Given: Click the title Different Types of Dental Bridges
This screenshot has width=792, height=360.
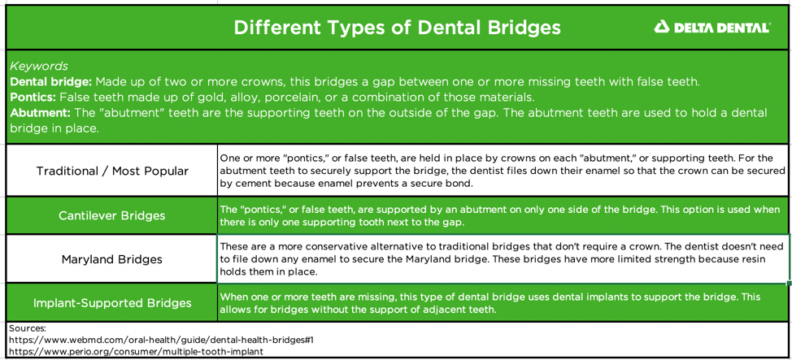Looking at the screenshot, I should click(x=397, y=28).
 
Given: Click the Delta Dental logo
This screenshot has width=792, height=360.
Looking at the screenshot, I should click(x=711, y=28).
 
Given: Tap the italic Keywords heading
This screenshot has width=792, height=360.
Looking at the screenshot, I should click(x=39, y=66).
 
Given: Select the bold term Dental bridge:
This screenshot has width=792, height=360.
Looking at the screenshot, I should click(x=50, y=82).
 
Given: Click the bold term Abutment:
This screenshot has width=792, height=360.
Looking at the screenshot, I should click(x=40, y=113).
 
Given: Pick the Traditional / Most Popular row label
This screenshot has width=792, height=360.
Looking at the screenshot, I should click(x=112, y=171).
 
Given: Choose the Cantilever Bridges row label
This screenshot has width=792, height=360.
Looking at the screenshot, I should click(x=112, y=216).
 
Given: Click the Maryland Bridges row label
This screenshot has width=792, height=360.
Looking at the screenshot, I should click(x=112, y=260).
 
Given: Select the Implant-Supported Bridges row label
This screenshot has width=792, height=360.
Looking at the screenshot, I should click(x=112, y=303).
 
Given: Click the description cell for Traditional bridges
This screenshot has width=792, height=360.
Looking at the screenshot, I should click(x=503, y=171).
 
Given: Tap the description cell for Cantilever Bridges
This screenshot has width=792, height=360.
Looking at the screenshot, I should click(x=503, y=216).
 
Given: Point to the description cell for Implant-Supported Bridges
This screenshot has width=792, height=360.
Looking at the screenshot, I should click(x=503, y=303).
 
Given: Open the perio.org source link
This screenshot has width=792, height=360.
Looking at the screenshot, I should click(x=136, y=352).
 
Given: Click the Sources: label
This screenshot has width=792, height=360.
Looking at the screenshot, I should click(x=28, y=328).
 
